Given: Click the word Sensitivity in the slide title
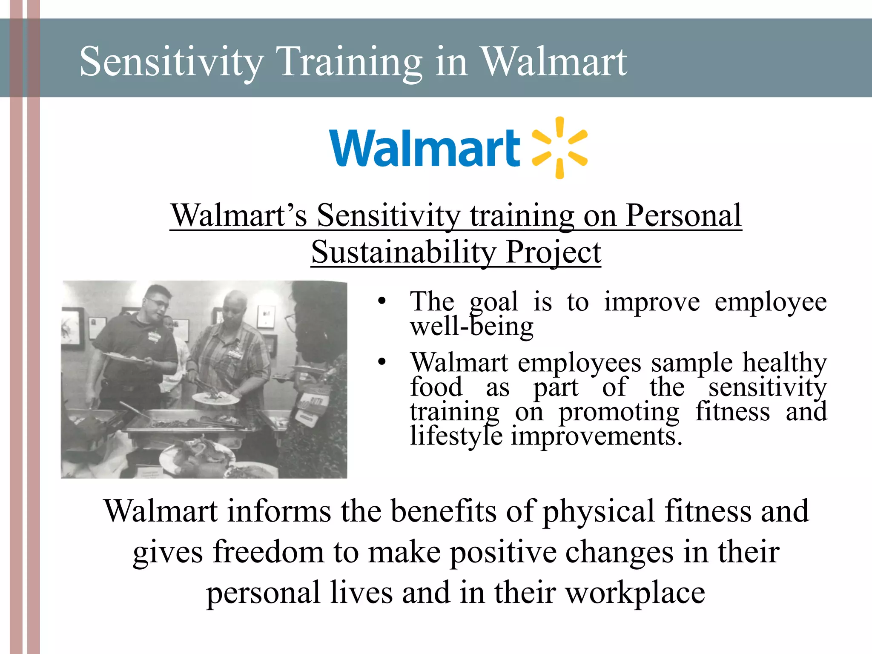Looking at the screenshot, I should [x=171, y=62].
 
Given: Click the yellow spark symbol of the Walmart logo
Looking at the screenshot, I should [x=559, y=148].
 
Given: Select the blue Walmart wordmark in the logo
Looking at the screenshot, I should [x=425, y=148].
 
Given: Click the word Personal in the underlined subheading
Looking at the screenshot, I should [x=683, y=216].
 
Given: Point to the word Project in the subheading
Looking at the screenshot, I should [x=553, y=252].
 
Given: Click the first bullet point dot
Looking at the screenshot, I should [x=381, y=301].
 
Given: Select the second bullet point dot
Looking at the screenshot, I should [x=381, y=362].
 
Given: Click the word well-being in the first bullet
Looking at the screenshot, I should [x=471, y=327].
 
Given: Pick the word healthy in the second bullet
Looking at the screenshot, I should [x=784, y=363].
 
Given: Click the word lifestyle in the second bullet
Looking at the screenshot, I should [x=456, y=436].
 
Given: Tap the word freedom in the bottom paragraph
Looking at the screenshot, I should [x=268, y=552].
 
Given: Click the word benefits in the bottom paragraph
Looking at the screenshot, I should [x=443, y=511].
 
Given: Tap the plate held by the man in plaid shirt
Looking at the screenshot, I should [x=215, y=399].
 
